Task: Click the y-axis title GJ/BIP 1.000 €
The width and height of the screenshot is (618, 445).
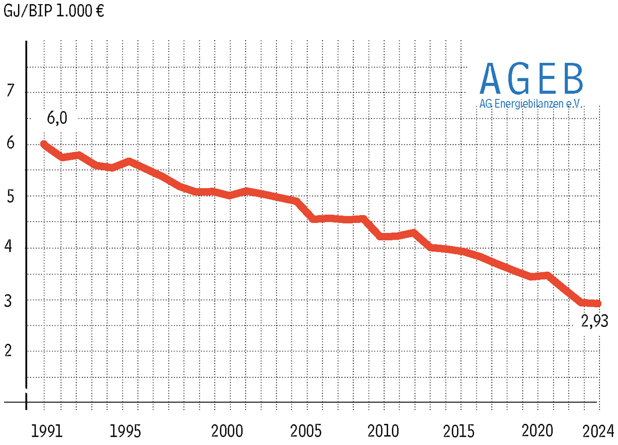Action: click(54, 11)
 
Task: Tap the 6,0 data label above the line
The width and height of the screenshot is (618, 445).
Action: click(57, 118)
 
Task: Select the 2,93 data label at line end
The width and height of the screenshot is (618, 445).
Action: click(595, 322)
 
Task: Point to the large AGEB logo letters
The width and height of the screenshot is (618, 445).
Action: click(531, 78)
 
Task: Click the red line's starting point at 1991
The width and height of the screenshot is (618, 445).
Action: click(44, 144)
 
